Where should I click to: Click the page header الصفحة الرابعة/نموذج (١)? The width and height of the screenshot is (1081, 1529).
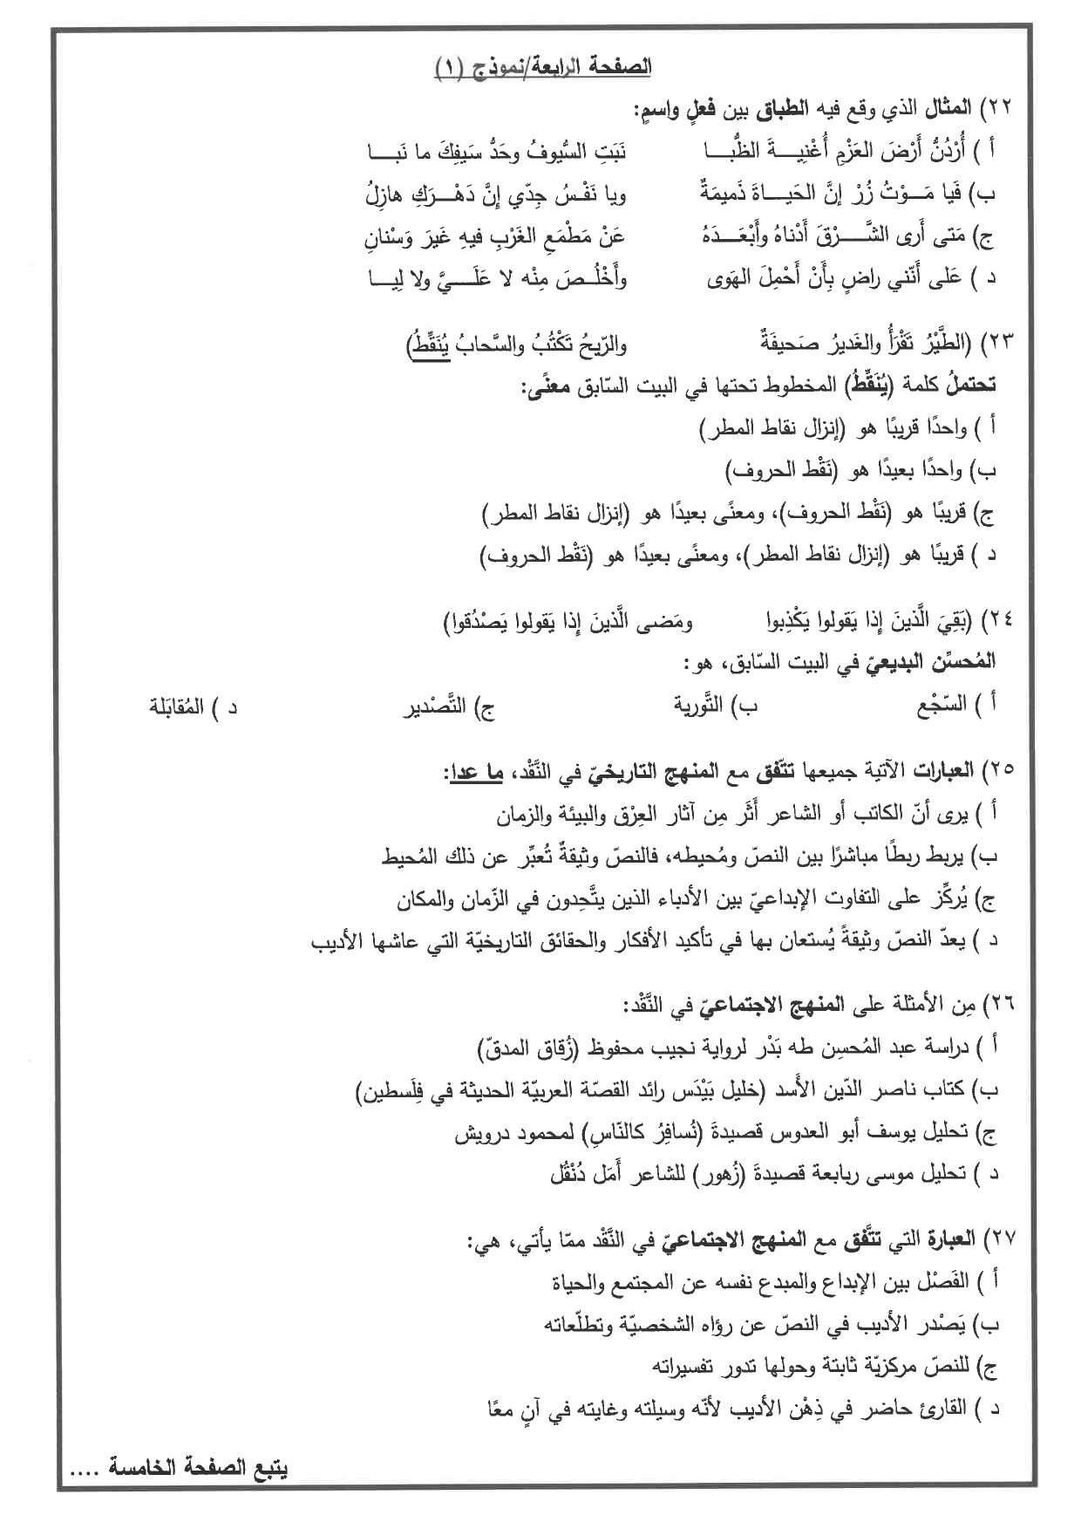[542, 67]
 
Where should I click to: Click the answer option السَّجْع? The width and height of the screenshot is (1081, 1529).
[942, 705]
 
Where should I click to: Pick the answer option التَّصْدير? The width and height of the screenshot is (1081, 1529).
[435, 706]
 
